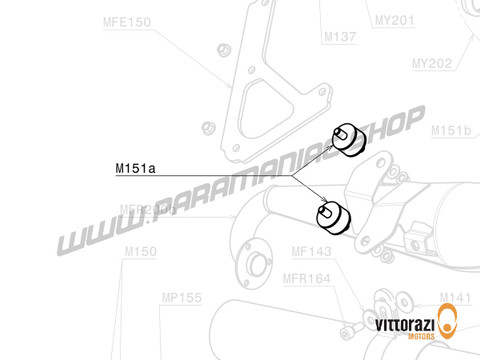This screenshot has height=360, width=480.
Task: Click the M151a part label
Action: tap(135, 170)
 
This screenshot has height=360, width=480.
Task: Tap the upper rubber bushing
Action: tap(347, 142)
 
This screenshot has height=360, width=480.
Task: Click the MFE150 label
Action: tap(126, 19)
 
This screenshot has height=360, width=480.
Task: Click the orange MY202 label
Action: tap(432, 63)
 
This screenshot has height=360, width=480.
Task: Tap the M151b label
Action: tap(451, 131)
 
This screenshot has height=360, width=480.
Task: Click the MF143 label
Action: tap(311, 253)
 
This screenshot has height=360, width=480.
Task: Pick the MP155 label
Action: tap(181, 297)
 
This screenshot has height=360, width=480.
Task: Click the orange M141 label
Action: tap(454, 297)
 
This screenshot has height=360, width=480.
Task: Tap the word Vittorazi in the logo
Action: tap(406, 325)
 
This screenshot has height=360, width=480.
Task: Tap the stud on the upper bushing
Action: tap(340, 132)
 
